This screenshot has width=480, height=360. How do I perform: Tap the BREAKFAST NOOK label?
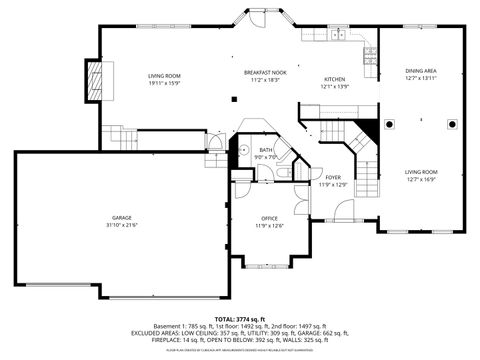tap(265, 72)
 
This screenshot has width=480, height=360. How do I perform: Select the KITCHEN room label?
tap(335, 79)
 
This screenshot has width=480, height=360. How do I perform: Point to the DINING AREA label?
tap(420, 70)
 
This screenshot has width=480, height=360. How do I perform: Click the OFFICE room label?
tap(269, 217)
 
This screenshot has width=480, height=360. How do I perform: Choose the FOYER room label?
tap(333, 177)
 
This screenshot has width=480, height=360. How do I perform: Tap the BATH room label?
tap(266, 149)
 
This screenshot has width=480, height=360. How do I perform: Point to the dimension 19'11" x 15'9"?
tap(164, 83)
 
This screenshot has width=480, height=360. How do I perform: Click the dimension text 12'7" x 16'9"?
tap(420, 180)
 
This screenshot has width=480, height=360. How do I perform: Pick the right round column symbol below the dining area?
tap(448, 126)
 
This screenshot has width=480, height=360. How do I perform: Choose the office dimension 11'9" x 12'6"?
tap(269, 225)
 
